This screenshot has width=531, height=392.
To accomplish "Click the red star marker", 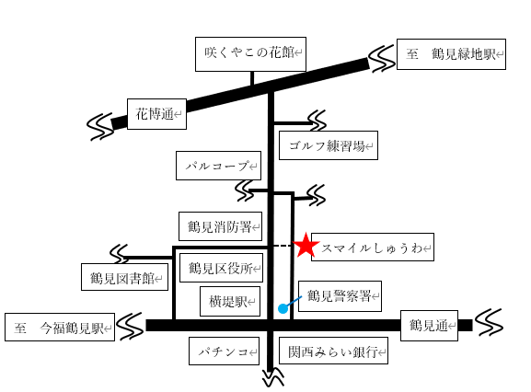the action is (306, 245).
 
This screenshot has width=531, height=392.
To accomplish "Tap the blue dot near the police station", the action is (283, 308).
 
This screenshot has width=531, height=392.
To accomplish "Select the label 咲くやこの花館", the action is (250, 54).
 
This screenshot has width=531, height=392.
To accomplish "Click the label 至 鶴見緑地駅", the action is (451, 54).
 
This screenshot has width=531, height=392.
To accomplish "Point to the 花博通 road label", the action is (156, 114).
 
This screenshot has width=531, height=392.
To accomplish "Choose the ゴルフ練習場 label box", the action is (329, 145).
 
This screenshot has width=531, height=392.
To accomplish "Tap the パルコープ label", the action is (218, 166).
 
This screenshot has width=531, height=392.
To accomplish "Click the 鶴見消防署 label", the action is (221, 226).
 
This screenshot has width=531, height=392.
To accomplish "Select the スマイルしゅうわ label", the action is (373, 248).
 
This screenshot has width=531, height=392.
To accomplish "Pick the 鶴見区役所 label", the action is (221, 268).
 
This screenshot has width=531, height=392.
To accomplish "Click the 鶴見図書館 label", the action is (124, 277).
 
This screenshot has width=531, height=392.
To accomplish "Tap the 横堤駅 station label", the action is (230, 301).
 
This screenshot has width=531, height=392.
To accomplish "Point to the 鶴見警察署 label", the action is (340, 296).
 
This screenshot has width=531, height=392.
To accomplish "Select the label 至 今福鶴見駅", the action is (60, 327).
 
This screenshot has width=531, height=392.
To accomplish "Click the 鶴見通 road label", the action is (429, 326).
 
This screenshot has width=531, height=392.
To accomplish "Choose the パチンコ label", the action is (224, 351).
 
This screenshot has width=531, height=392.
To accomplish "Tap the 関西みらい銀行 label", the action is (333, 351).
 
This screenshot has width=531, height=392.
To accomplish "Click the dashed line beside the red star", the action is (283, 246).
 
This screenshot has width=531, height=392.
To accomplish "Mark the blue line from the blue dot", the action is (294, 302).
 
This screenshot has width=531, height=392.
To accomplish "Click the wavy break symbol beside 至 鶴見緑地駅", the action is (382, 59).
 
